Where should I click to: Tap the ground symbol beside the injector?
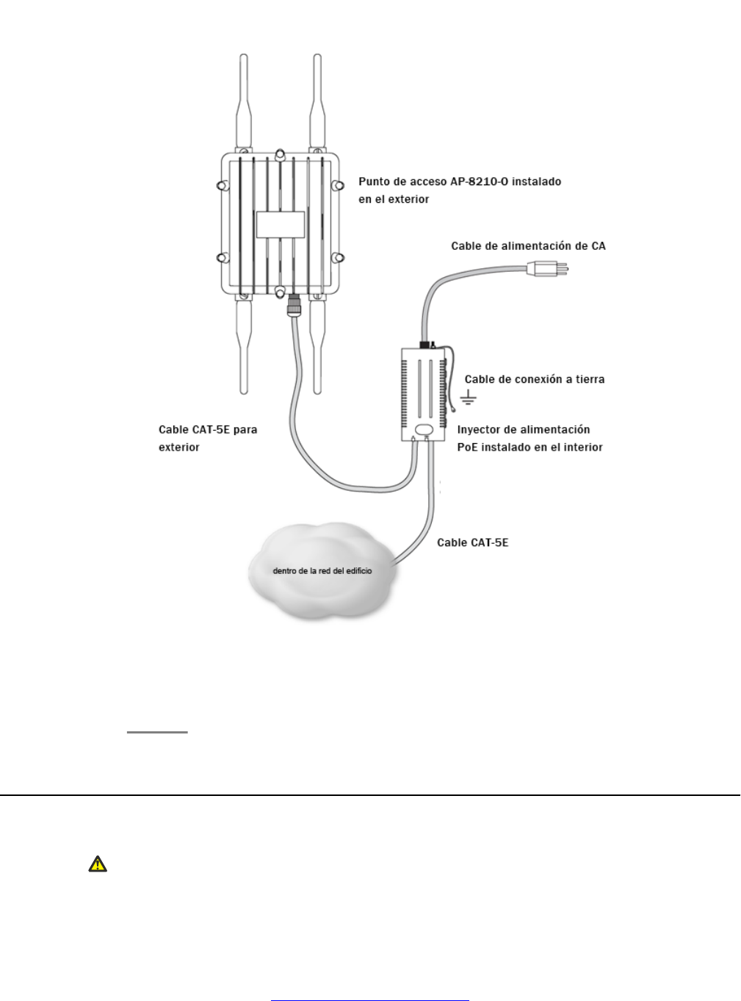pos(468,399)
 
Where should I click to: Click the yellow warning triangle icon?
pos(97,864)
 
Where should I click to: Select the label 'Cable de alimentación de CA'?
pos(528,246)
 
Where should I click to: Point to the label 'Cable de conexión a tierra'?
pos(535,379)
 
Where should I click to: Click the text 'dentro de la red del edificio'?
pos(322,570)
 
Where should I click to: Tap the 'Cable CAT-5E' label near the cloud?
pos(472,542)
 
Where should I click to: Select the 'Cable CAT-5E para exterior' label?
pos(208,438)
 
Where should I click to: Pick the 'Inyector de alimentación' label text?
pos(524,430)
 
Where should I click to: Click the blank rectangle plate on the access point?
pos(280,224)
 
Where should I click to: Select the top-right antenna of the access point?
pos(317,103)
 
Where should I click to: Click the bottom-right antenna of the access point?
pos(317,345)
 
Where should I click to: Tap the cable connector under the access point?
pos(293,304)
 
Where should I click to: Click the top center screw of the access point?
pos(280,156)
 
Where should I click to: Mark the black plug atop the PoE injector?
pos(424,344)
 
